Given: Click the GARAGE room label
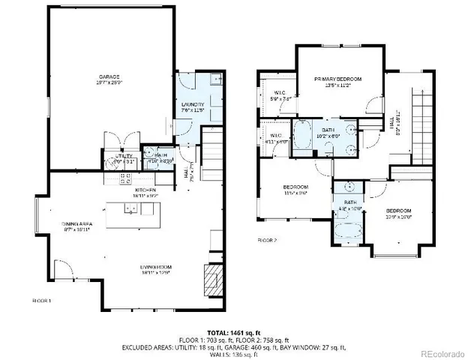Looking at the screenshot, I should point(109,76).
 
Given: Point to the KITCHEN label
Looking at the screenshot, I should point(145,190).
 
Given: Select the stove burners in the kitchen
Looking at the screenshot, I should point(125,178).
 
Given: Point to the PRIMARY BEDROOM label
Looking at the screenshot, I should point(337,79).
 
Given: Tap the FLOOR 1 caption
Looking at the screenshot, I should point(41,300).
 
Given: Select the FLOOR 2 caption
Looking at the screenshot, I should point(268,241).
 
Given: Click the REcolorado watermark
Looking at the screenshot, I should point(441,352).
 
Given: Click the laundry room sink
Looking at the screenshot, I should point(214,79).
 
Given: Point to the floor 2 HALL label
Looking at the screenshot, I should point(397,120).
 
